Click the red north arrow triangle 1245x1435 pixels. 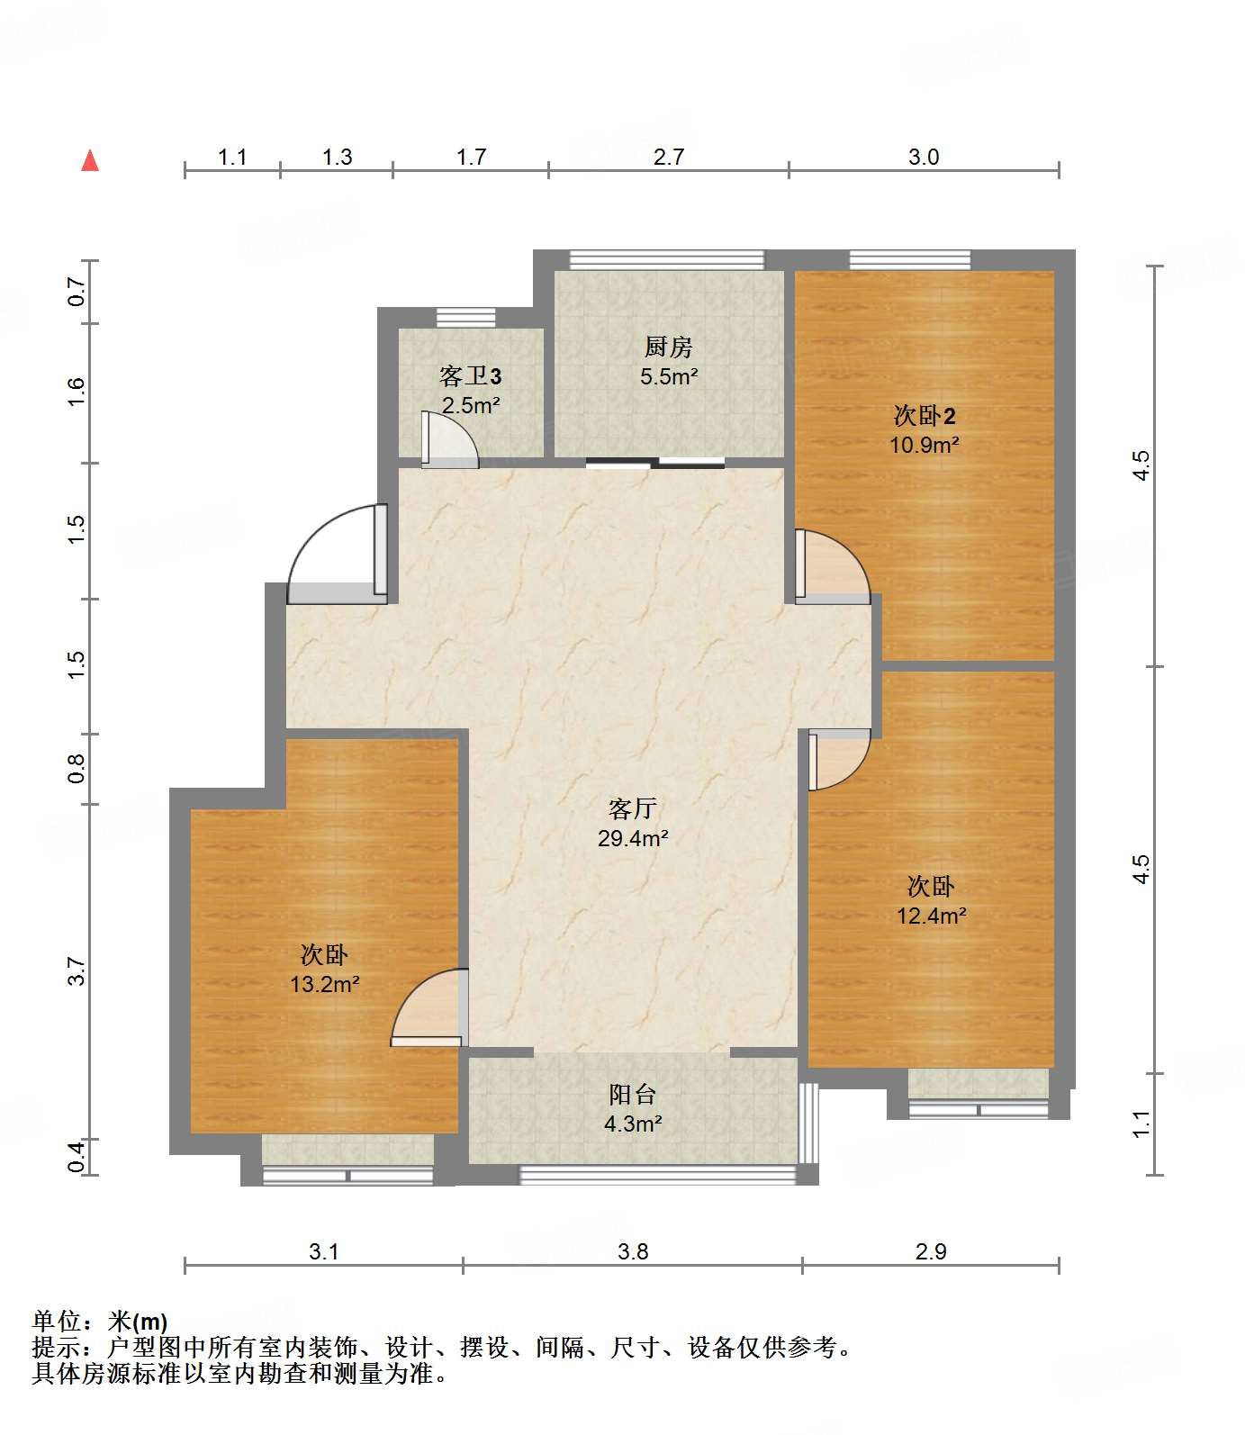(90, 161)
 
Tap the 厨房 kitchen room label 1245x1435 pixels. (668, 347)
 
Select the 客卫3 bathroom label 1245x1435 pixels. (470, 375)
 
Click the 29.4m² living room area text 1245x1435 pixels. (633, 838)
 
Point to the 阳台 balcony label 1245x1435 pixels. (632, 1095)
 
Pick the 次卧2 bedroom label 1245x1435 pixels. (924, 415)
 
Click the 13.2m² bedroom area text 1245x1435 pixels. (324, 984)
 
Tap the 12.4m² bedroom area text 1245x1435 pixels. (931, 916)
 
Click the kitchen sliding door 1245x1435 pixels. (655, 464)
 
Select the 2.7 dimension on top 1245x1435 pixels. (668, 157)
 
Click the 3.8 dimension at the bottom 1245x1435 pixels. (633, 1251)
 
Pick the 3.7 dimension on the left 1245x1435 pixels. (77, 970)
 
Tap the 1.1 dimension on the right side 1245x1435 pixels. (1141, 1124)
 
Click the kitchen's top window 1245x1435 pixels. (667, 259)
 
